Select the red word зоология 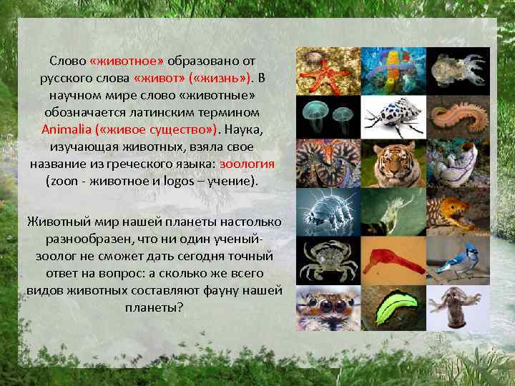247,164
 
